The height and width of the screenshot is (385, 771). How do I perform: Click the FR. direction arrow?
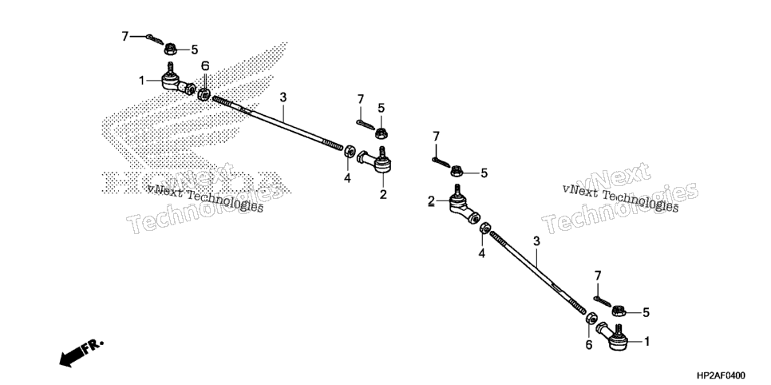coord(80,352)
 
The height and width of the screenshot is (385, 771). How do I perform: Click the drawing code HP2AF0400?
coord(721,375)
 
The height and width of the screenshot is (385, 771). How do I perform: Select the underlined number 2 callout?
coord(431,200)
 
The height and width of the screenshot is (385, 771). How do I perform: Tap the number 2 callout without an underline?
coord(383,194)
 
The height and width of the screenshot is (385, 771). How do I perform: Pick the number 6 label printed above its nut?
coord(205,66)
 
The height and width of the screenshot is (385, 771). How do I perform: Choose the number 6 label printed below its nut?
coord(588,346)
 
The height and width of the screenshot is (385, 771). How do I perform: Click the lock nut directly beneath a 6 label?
coord(204,93)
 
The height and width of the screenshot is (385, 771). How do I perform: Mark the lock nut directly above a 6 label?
coord(591,318)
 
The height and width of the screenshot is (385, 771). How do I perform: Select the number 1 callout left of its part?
coord(142,81)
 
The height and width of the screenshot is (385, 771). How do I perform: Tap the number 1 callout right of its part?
coord(647,341)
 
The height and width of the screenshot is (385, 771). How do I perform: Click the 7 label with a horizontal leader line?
coord(125,36)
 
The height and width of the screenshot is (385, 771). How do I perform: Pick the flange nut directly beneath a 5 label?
coord(380,133)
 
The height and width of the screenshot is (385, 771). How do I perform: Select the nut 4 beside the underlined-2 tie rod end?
coord(484,228)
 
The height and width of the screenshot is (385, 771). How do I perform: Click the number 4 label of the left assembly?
coord(347,178)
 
